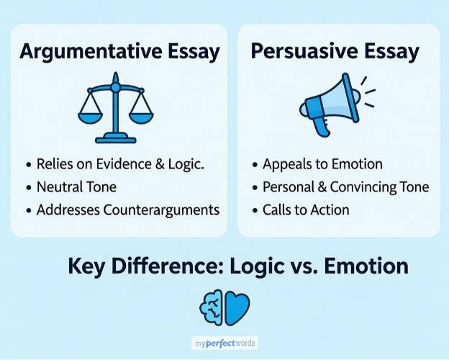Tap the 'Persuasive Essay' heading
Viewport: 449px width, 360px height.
click(335, 52)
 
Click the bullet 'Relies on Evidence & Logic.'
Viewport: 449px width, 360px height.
click(120, 164)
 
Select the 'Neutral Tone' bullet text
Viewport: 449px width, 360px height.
click(76, 187)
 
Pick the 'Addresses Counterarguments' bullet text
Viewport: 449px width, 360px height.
click(127, 210)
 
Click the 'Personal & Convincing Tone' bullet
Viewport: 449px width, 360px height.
click(345, 187)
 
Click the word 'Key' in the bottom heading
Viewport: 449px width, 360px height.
click(86, 266)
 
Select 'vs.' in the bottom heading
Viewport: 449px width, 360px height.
click(295, 266)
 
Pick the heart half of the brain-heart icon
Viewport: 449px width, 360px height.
click(237, 307)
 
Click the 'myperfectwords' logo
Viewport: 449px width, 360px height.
click(224, 343)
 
